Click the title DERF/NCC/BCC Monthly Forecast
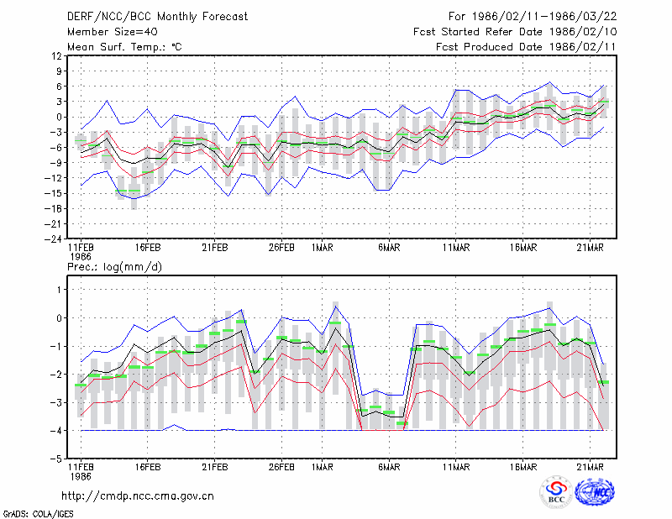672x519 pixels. pyautogui.click(x=157, y=17)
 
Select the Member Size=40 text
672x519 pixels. pyautogui.click(x=113, y=32)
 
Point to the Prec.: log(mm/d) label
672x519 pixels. pyautogui.click(x=114, y=267)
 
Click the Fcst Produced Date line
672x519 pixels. pyautogui.click(x=527, y=47)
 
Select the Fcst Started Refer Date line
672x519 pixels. pyautogui.click(x=515, y=32)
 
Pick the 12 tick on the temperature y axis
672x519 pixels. pyautogui.click(x=57, y=55)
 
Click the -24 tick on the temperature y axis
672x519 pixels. pyautogui.click(x=54, y=239)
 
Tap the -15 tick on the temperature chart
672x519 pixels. pyautogui.click(x=54, y=193)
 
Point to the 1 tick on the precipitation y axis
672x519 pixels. pyautogui.click(x=59, y=290)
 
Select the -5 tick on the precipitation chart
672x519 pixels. pyautogui.click(x=56, y=459)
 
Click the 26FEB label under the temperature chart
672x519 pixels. pyautogui.click(x=281, y=248)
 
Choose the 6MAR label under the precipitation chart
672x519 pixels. pyautogui.click(x=389, y=467)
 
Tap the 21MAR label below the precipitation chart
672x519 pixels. pyautogui.click(x=591, y=467)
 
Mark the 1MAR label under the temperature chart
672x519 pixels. pyautogui.click(x=323, y=248)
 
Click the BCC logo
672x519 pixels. pyautogui.click(x=556, y=492)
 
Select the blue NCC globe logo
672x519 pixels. pyautogui.click(x=595, y=492)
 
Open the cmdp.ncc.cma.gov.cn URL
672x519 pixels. pyautogui.click(x=138, y=496)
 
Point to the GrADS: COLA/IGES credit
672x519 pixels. pyautogui.click(x=39, y=514)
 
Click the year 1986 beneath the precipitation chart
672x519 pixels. pyautogui.click(x=81, y=476)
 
